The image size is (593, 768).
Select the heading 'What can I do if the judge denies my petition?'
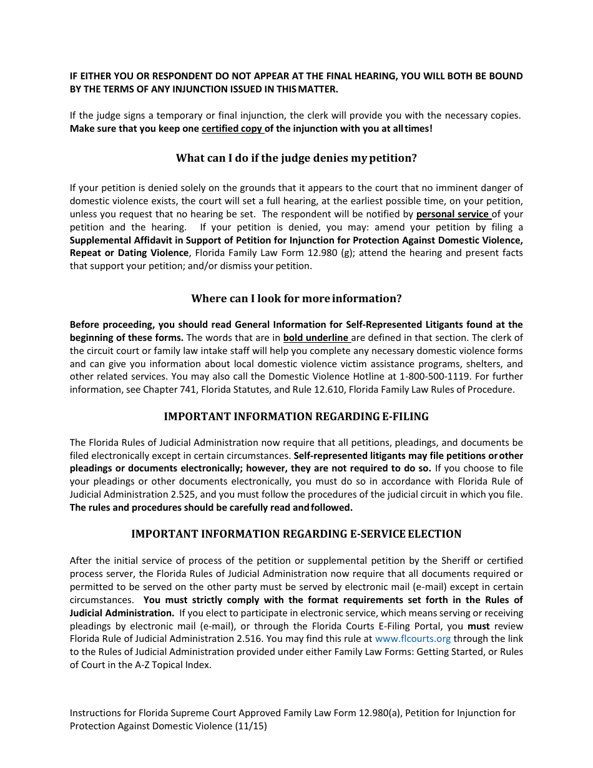coord(296,158)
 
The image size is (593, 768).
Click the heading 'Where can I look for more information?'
coord(296,298)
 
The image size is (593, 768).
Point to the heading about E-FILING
coord(296,416)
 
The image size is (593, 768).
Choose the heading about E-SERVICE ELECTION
coord(296,534)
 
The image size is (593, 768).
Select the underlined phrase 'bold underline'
coord(316,338)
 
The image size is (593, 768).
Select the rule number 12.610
coord(363,390)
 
